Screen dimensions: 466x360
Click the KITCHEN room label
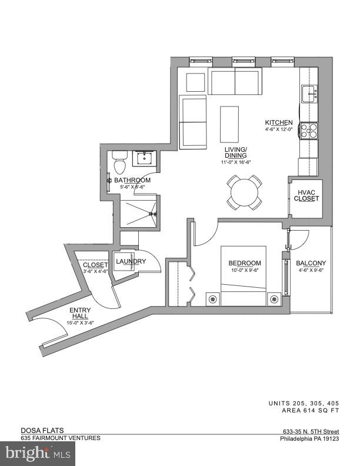(x=278, y=122)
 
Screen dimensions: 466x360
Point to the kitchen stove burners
(x=309, y=130)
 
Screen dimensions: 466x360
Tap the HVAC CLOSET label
(x=306, y=196)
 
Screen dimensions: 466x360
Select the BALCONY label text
(x=311, y=263)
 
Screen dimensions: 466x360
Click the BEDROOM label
(x=244, y=263)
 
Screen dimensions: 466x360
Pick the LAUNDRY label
(x=131, y=261)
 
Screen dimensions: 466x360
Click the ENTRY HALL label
(x=80, y=313)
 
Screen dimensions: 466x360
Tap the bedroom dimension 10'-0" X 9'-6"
(x=244, y=271)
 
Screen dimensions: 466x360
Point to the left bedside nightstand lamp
(x=211, y=299)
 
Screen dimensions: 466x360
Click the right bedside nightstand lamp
(x=274, y=299)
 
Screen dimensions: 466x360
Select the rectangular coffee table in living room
(x=229, y=124)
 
